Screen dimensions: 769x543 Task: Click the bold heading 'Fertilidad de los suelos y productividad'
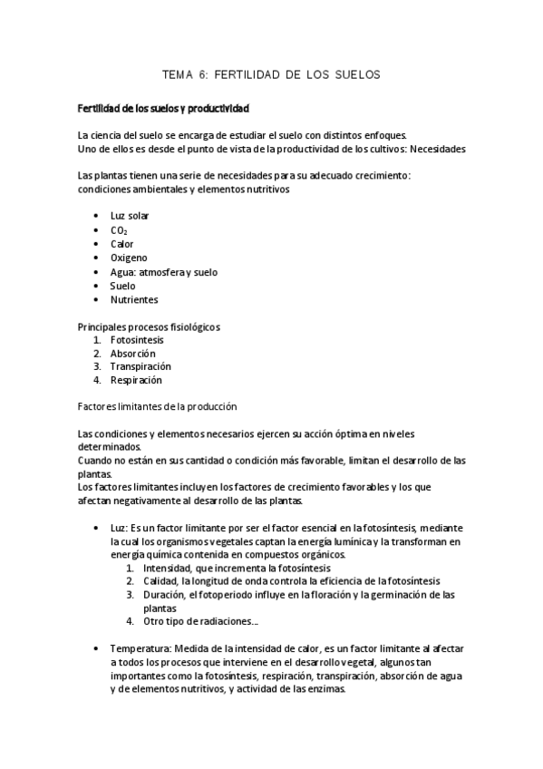[163, 109]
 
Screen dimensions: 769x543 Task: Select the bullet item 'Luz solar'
[130, 216]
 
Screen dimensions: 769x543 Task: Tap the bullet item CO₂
[119, 230]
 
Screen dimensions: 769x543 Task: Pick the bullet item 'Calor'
[122, 244]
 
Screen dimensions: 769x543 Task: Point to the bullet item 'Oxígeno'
[128, 258]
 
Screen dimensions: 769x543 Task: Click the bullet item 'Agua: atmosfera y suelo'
[163, 272]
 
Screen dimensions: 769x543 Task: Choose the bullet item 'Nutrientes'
[133, 299]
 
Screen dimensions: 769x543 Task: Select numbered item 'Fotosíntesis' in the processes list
[137, 339]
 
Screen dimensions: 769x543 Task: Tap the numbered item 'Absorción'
[133, 353]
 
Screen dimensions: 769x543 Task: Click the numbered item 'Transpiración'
[141, 366]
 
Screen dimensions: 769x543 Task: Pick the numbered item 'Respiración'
[137, 380]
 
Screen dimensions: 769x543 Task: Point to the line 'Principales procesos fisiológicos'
[150, 326]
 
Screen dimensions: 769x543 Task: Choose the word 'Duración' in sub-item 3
[165, 595]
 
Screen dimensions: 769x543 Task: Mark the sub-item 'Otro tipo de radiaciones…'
[200, 622]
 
